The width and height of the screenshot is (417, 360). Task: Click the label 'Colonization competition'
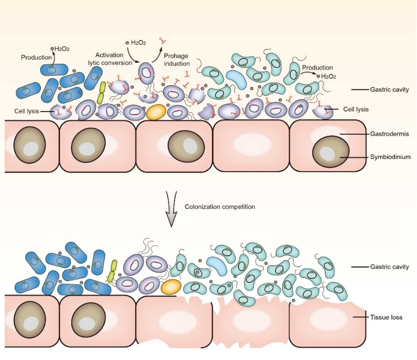tap(220, 207)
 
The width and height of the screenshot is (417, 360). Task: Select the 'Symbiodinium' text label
tap(390, 157)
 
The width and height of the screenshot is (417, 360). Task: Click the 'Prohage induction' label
tap(176, 60)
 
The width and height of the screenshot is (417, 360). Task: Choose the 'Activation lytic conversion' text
tap(113, 59)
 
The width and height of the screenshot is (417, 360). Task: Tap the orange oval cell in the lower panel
tap(171, 287)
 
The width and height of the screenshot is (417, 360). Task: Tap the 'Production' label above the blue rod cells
tap(36, 58)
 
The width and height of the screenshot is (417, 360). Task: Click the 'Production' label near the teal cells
tap(317, 68)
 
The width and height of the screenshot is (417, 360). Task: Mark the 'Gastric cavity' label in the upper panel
tap(390, 90)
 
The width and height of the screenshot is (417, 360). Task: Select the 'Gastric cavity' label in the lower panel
tap(390, 267)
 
